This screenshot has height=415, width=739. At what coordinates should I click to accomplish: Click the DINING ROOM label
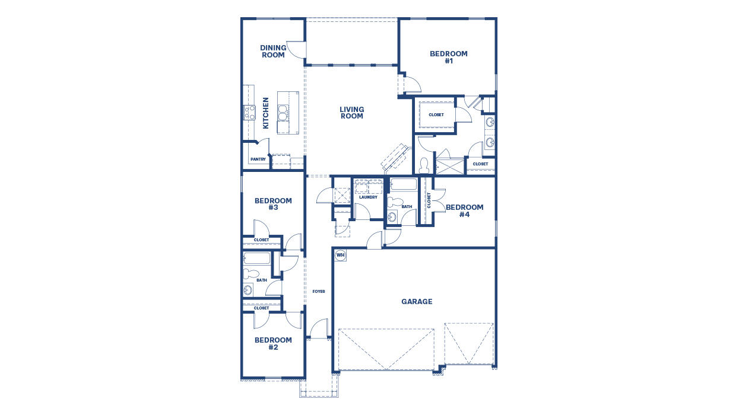click(x=273, y=52)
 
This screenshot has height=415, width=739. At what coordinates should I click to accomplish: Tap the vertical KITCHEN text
click(x=266, y=113)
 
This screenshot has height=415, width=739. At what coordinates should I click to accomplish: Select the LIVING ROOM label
click(x=351, y=113)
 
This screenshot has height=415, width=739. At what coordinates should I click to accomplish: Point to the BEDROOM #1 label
click(x=449, y=57)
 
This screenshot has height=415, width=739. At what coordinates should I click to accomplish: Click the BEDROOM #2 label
click(x=273, y=343)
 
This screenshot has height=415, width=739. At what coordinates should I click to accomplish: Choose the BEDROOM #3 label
click(x=273, y=204)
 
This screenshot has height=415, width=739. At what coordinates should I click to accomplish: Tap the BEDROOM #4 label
click(x=464, y=210)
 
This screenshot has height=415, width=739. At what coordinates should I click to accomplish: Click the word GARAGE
click(x=417, y=302)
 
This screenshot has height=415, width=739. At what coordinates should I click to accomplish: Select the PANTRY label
click(x=258, y=159)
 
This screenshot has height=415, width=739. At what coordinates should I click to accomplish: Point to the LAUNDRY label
click(x=368, y=197)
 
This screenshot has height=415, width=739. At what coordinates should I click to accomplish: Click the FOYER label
click(x=319, y=291)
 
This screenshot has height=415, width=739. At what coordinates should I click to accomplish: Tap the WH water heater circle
click(x=340, y=255)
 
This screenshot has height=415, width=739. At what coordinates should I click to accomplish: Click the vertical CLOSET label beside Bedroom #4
click(x=429, y=200)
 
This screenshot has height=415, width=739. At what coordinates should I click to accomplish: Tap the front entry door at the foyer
click(x=319, y=330)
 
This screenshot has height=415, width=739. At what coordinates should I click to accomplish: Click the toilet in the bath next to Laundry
click(x=392, y=202)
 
